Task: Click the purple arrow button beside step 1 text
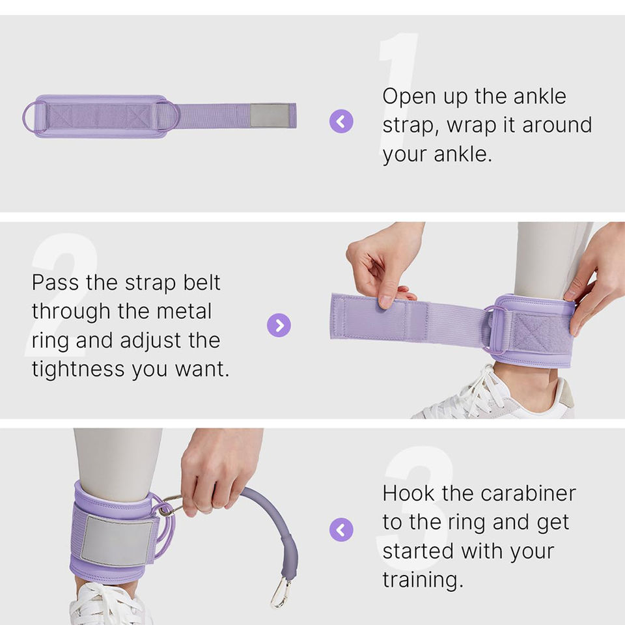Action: point(341,121)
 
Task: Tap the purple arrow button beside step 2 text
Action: point(279,326)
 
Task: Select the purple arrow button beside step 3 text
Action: point(341,530)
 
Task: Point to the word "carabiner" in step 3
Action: point(528,493)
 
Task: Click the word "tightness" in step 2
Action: point(78,370)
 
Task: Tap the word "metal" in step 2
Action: point(184,311)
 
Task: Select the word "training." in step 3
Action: point(423,580)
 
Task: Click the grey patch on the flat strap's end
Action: point(270,116)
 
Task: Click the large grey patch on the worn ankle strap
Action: point(117,541)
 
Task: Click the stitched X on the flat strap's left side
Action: point(60,116)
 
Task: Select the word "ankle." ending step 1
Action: point(463,155)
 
